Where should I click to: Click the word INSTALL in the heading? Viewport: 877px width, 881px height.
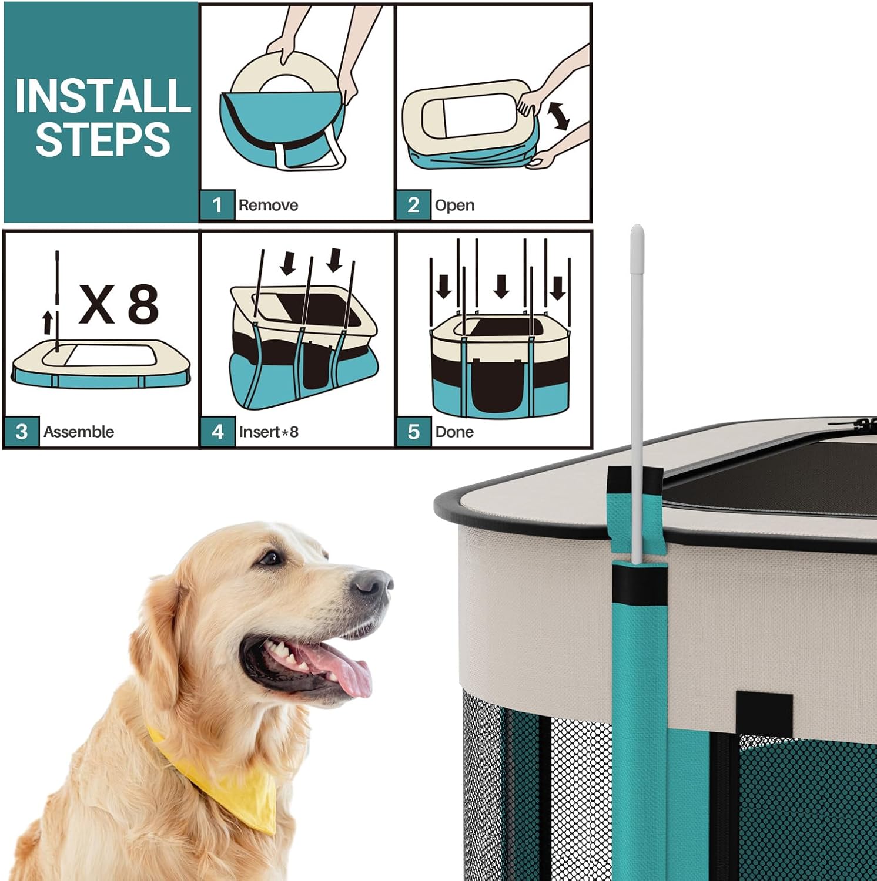pos(103,95)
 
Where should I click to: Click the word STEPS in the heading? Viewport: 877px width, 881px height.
pos(103,139)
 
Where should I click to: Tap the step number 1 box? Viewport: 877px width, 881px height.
pos(217,205)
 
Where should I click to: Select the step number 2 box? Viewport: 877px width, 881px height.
pos(413,205)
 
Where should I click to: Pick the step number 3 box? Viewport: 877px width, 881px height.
pos(22,432)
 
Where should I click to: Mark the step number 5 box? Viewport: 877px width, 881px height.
pos(414,432)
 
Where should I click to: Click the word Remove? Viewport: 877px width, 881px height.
pos(268,205)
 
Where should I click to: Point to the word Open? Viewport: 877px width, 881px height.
pos(454,206)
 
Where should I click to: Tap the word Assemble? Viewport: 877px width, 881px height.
pos(79,432)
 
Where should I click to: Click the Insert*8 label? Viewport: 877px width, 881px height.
pos(269,432)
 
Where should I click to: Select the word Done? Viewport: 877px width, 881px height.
pos(454,432)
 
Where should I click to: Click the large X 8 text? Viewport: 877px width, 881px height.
pos(119,304)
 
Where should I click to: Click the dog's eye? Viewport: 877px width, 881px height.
pos(269,557)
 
